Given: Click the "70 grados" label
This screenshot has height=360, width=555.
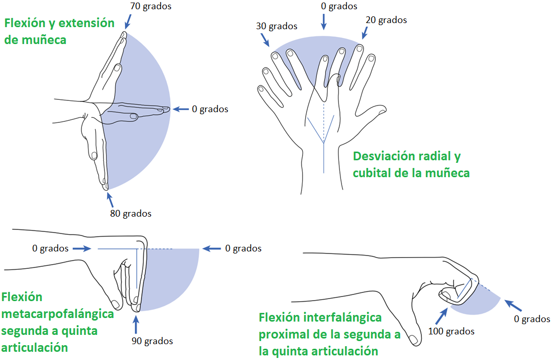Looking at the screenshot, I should [x=152, y=7].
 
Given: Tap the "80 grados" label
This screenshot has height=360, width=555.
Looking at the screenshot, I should [x=131, y=214].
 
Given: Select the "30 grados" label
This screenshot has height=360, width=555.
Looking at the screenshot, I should [x=276, y=26].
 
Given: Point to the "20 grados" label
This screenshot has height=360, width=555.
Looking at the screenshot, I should [x=386, y=20].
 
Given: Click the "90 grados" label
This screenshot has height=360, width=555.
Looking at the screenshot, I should [x=152, y=341].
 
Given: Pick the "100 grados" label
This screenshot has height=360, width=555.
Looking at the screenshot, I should [x=451, y=331].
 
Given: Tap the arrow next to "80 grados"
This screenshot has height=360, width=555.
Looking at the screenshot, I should [x=111, y=198].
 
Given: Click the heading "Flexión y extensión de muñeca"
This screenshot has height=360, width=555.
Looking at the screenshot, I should [x=59, y=31].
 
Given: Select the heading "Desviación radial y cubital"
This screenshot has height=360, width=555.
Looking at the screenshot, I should [x=411, y=164].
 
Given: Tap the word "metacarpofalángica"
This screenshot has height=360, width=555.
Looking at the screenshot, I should [x=57, y=313].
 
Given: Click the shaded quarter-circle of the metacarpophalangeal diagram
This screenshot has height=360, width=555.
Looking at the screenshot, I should [x=172, y=274].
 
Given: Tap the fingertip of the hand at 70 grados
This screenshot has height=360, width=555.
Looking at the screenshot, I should [x=123, y=35].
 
